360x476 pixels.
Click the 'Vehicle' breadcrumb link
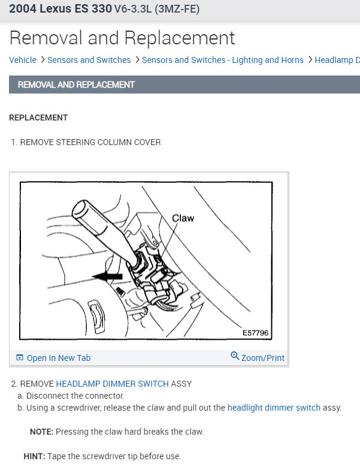(x=23, y=60)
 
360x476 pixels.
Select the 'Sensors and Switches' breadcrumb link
(x=89, y=60)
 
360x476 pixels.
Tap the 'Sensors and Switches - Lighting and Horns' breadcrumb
(x=222, y=60)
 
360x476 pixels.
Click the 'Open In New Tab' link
(x=58, y=358)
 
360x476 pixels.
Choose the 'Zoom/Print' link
(x=262, y=358)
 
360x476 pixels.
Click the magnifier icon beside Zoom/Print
(x=235, y=356)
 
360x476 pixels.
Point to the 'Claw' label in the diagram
(x=183, y=218)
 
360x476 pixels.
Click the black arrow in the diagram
(x=107, y=276)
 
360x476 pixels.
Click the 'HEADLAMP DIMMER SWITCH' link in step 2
(x=112, y=384)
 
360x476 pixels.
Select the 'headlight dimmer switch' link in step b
(x=274, y=408)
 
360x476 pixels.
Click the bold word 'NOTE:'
(x=42, y=432)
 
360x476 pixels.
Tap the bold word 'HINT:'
(x=34, y=456)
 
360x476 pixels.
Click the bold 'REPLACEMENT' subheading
(x=38, y=118)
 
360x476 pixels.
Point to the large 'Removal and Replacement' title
(x=122, y=38)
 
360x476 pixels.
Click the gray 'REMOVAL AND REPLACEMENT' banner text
(x=76, y=85)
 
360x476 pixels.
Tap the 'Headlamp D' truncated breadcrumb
(x=337, y=60)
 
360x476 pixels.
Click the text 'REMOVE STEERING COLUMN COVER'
(x=90, y=142)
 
